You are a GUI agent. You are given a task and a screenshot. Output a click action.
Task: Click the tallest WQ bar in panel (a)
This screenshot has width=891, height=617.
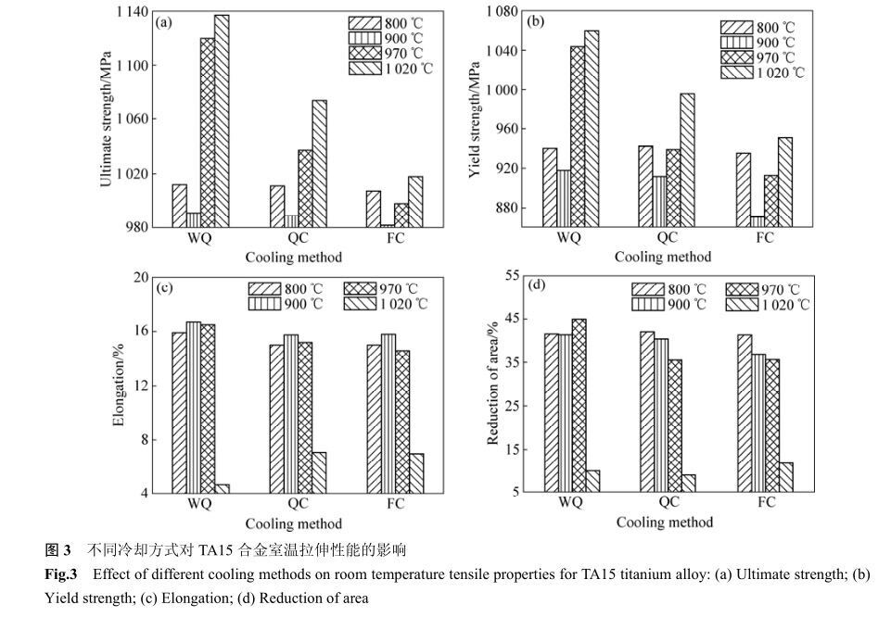pos(222,121)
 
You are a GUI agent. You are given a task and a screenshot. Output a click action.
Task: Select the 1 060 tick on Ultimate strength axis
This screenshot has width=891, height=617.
pos(132,119)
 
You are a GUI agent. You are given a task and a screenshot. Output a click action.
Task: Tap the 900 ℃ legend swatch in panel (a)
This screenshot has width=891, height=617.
pos(364,38)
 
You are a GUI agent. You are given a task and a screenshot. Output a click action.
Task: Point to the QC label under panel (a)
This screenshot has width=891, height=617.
pos(298,237)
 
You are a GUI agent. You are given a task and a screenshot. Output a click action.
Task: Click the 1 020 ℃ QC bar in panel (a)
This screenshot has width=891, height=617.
pos(319,163)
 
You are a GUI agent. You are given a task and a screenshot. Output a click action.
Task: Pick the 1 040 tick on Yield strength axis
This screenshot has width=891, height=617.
pos(502,51)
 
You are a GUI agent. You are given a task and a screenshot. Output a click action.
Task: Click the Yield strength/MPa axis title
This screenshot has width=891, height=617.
pos(475,120)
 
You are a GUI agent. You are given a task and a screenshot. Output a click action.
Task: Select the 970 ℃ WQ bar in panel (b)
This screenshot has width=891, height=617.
pos(578,136)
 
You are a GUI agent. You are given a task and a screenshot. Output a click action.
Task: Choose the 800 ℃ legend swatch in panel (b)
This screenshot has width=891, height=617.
pos(736,27)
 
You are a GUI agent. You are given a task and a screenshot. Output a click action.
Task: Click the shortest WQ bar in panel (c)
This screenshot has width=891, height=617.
pos(223,489)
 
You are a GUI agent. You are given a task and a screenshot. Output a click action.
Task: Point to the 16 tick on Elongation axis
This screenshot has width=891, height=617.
pos(141,331)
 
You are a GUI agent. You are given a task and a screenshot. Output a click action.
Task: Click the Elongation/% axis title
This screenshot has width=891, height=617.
pos(118,384)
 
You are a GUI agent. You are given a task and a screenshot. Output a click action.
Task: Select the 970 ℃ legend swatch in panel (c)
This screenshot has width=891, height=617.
pos(360,289)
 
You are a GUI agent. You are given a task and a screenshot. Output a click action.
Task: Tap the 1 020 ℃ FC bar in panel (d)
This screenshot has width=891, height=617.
pos(786,477)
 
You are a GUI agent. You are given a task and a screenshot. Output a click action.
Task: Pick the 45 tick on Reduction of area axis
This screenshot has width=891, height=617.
pos(512,319)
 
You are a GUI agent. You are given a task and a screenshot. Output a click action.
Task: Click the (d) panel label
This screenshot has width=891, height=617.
pos(537,285)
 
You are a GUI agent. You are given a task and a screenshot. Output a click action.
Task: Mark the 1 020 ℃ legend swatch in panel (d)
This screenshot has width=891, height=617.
pos(742,305)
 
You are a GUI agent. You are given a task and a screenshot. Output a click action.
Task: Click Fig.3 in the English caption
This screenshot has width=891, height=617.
pos(61,574)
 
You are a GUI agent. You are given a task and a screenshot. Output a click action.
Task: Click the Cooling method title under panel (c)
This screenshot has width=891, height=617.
pos(294,523)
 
